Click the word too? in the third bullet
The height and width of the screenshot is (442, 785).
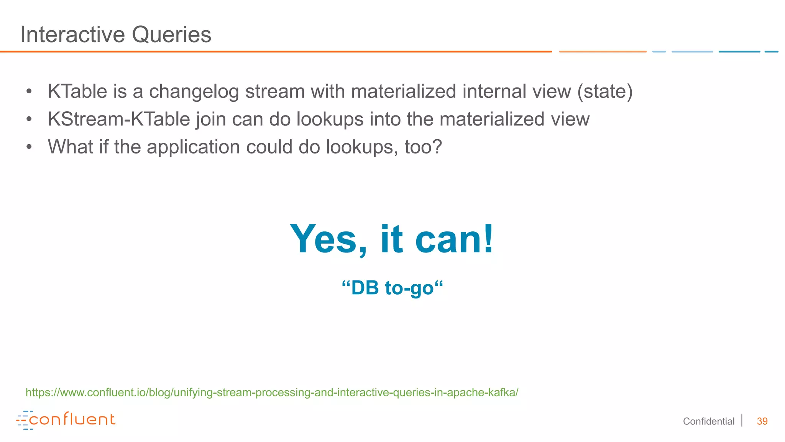pos(423,147)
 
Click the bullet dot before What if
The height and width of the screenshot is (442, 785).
pos(29,147)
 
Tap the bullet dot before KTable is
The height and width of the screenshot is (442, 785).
pos(29,91)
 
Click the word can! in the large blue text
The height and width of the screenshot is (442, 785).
pos(454,239)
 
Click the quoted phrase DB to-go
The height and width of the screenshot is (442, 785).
pos(392,288)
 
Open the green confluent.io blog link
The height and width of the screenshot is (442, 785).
pos(272,393)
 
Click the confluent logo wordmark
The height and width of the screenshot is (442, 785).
pos(72,419)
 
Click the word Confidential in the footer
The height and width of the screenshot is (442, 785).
pos(708,421)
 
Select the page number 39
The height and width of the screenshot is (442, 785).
pos(762,421)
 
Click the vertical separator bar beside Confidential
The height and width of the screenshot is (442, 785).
pos(742,421)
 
